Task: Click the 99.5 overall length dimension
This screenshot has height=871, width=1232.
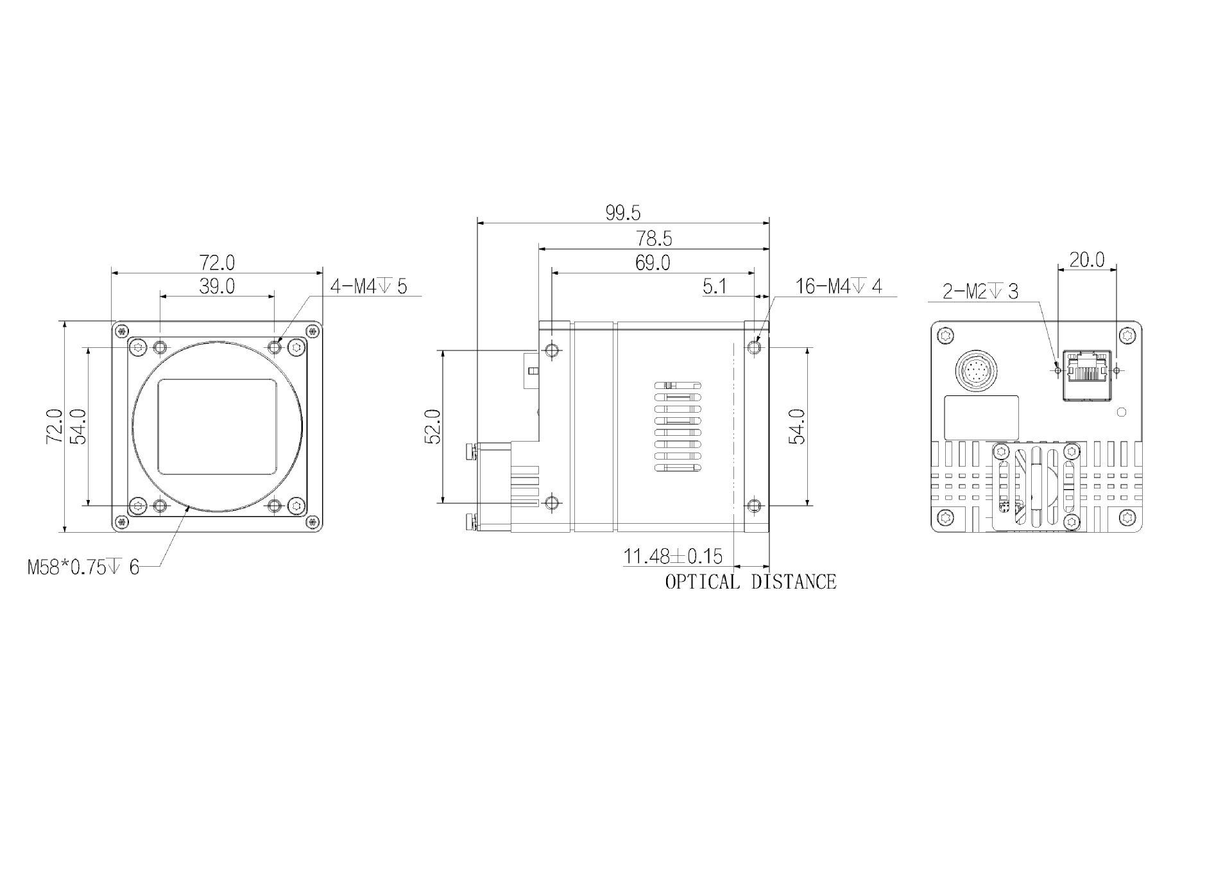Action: pos(622,213)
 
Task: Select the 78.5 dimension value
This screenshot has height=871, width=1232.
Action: pos(654,239)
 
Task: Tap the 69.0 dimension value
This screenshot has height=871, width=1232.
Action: pos(652,263)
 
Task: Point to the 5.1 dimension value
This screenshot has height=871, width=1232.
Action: pos(714,286)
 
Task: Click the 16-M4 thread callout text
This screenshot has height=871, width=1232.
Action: pos(839,286)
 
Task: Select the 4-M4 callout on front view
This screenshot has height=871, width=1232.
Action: pos(368,286)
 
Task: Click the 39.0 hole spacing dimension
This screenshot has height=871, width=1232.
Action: pos(216,286)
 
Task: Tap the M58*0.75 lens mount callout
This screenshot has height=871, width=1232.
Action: pos(83,567)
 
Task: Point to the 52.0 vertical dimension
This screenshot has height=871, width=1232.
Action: pos(434,426)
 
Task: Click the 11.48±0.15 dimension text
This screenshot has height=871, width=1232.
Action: pos(672,556)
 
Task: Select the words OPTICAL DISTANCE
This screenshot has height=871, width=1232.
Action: pos(750,582)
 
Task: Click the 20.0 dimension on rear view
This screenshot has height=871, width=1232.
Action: pos(1086,260)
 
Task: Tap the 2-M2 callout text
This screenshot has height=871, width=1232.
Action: pos(980,292)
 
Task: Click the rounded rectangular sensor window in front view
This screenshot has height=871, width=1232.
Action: pos(217,426)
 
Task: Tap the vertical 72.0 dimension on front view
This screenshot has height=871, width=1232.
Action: pos(54,426)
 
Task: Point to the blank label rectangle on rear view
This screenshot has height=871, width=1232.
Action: pos(981,418)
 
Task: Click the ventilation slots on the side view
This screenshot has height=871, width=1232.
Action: pos(678,427)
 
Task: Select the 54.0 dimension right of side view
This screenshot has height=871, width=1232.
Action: pos(798,426)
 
